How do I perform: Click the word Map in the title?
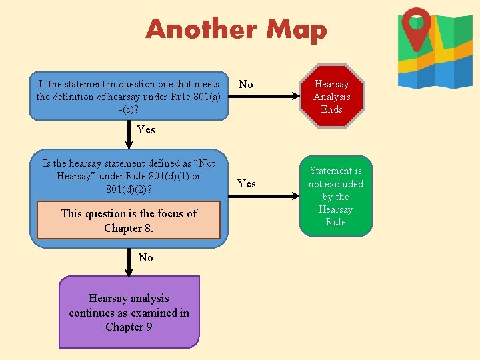tap(296, 29)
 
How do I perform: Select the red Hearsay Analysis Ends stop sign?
tap(331, 97)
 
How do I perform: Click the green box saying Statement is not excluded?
tap(335, 196)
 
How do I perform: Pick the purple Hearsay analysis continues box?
tap(129, 313)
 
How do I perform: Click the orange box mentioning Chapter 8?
tap(129, 221)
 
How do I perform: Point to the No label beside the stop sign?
tap(245, 84)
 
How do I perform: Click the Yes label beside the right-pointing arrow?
tap(247, 183)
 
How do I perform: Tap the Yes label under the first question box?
tap(145, 129)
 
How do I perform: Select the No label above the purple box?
tap(145, 257)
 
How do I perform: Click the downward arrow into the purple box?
tap(129, 263)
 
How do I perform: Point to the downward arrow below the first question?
tap(129, 133)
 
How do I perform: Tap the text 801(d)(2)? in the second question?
tap(129, 189)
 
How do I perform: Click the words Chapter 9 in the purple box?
tap(129, 327)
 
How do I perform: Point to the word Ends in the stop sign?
tap(331, 109)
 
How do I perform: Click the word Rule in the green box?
tap(335, 222)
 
